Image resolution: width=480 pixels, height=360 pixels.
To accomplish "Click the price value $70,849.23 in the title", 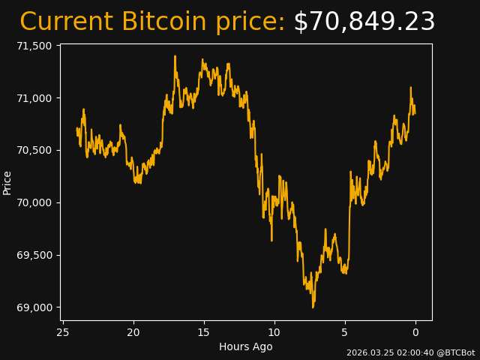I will click(364, 22).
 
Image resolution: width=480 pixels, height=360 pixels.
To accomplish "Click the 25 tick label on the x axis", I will click(63, 331).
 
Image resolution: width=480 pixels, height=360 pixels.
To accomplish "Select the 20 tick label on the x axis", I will click(133, 331).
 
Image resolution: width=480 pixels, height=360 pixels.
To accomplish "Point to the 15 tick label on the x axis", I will click(204, 331).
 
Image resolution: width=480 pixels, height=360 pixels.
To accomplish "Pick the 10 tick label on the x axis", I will click(274, 331).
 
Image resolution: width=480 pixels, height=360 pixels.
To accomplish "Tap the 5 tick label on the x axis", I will click(345, 331).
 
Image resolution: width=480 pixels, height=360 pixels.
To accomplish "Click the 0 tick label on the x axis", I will click(415, 331).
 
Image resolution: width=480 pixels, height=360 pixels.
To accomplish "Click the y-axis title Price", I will click(7, 182).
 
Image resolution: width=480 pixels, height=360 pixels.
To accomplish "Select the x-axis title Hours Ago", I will click(246, 346).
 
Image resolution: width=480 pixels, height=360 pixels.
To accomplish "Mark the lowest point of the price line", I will click(313, 307).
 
